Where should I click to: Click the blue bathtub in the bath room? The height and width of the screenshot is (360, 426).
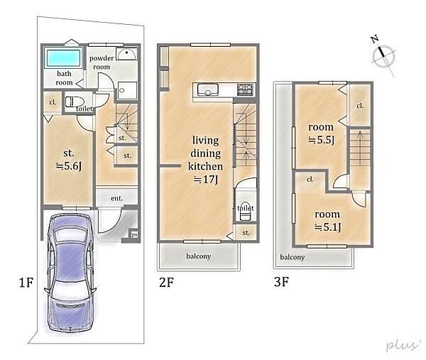tap(64, 58)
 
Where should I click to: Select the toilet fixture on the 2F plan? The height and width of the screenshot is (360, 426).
tap(246, 212)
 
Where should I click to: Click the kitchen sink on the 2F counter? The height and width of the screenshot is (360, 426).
tap(208, 89)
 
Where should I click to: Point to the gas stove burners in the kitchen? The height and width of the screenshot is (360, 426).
tap(246, 89)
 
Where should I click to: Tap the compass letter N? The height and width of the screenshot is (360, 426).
tap(375, 39)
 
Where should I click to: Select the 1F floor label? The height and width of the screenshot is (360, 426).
tap(26, 283)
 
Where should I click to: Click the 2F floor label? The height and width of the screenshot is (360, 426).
tap(166, 282)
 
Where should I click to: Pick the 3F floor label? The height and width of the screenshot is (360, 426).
tap(281, 282)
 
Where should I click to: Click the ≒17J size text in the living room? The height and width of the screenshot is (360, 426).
tap(206, 180)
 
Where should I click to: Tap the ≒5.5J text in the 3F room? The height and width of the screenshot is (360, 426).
tap(321, 140)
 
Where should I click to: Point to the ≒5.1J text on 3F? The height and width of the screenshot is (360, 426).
tap(327, 227)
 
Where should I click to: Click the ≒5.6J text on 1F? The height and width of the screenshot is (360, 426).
tap(68, 166)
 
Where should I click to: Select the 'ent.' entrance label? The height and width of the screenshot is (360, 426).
tap(117, 198)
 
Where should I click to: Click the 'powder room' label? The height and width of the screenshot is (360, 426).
tap(102, 62)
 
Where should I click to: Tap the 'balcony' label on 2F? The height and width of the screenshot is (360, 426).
tap(199, 256)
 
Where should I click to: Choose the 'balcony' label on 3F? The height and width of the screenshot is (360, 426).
tap(293, 257)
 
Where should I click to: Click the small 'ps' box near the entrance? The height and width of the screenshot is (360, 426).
tap(134, 235)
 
